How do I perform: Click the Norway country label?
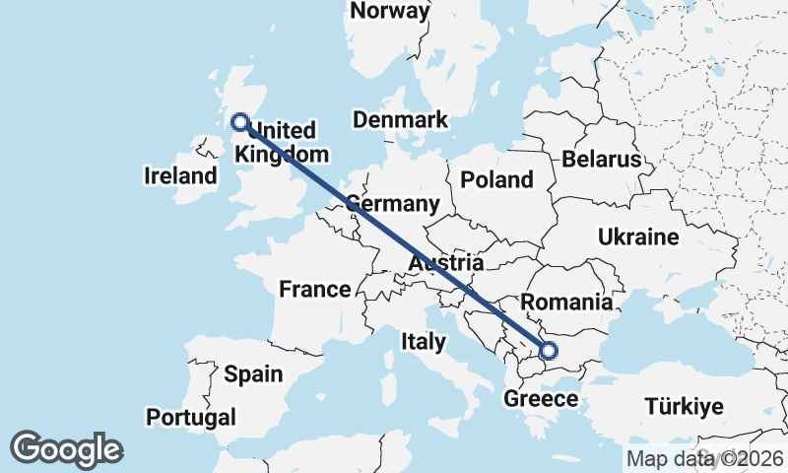pos(390,12)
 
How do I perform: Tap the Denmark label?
pos(400,120)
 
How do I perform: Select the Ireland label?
pos(180,176)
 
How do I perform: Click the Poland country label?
pos(496,179)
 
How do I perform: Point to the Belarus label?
pos(601,160)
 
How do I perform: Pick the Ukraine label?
pos(638,237)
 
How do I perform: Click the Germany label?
pos(392,204)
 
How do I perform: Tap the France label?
pos(314,290)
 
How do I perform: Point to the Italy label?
pos(424,342)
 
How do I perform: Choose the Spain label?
pos(253,374)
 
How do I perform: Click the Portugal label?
pos(191,418)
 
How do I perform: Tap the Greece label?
pos(540,399)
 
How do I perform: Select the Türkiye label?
pos(684,406)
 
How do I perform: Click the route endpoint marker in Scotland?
pos(239,122)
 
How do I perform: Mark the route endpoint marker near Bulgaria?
pos(548,350)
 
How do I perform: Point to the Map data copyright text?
pos(704,458)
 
